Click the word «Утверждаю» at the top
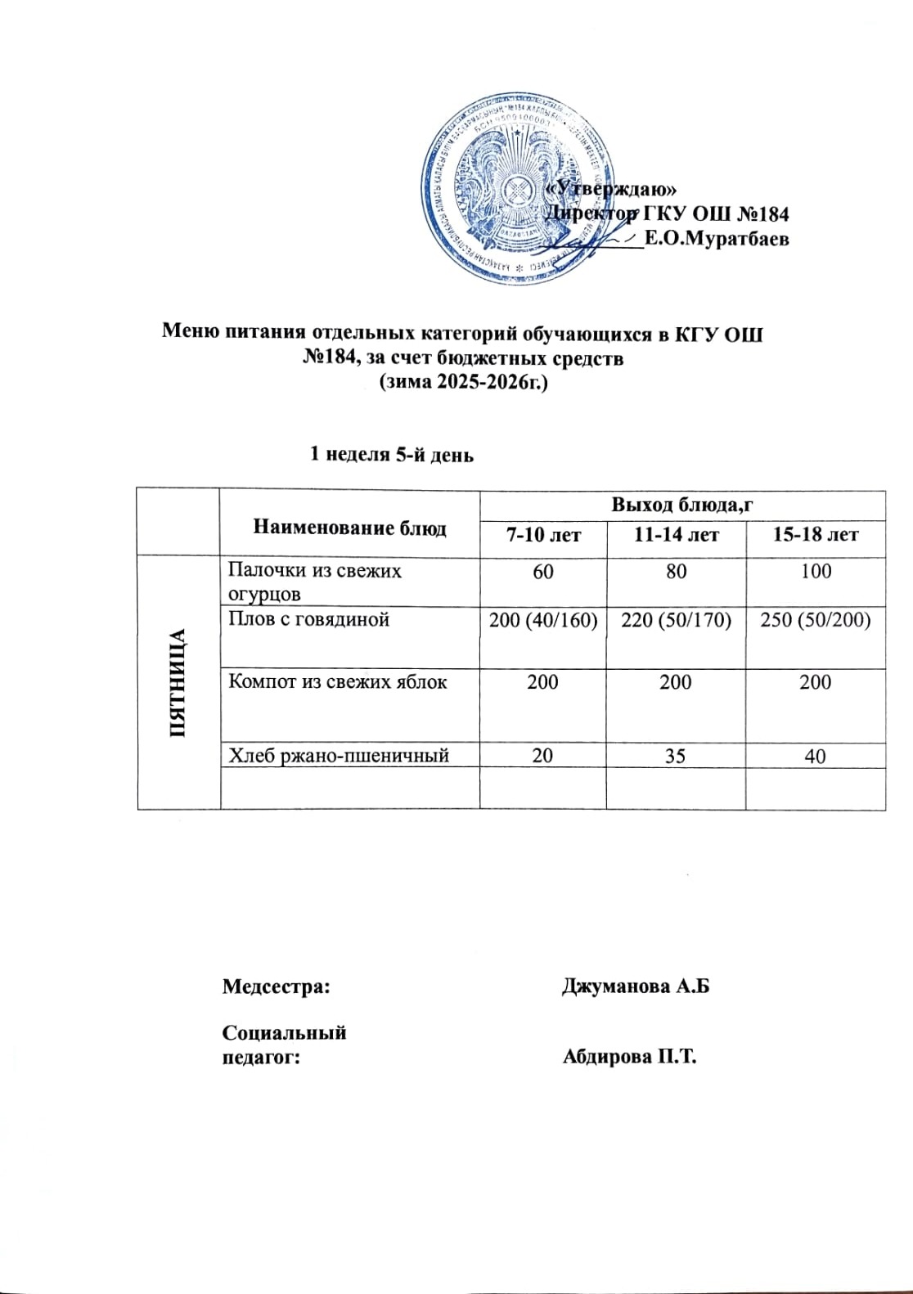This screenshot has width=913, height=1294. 611,188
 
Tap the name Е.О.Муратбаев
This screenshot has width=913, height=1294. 717,239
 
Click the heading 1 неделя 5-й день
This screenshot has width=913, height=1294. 391,454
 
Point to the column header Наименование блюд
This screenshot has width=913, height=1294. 349,528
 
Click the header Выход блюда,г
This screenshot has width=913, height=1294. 681,505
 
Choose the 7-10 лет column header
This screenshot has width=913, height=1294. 543,535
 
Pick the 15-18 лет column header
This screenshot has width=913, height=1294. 815,535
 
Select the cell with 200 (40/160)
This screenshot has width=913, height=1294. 543,620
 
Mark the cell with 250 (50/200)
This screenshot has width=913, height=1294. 815,620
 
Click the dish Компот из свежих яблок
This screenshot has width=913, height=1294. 337,681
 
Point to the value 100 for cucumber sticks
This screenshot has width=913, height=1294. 816,571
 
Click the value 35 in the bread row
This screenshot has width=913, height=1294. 676,756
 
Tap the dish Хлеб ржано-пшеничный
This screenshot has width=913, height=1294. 338,755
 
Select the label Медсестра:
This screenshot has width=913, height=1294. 277,986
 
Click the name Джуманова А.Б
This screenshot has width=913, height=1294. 636,986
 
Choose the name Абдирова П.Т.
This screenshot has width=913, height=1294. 629,1056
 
